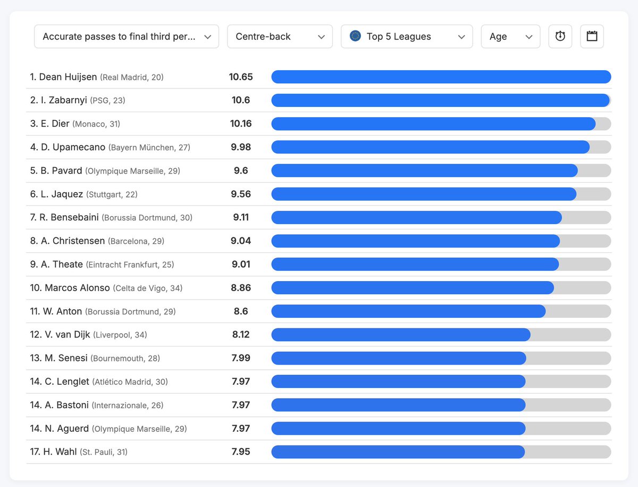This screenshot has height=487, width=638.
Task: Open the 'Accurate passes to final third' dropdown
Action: (x=126, y=37)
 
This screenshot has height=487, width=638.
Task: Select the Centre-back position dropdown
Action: (x=280, y=37)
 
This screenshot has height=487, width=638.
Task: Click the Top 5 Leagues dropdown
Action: (x=406, y=37)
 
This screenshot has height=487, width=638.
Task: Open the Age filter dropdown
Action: (x=510, y=37)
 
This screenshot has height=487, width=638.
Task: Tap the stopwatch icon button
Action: (x=560, y=37)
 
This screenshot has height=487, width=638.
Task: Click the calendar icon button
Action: (x=592, y=37)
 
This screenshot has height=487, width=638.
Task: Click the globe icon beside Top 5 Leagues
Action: (x=355, y=36)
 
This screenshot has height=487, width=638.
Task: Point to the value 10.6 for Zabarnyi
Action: (x=241, y=101)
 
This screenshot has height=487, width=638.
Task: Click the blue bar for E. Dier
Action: (x=433, y=124)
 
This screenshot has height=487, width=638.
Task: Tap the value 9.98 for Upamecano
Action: (x=241, y=147)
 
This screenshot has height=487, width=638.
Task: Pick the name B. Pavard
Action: (x=61, y=171)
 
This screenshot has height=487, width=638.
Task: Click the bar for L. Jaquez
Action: (x=423, y=194)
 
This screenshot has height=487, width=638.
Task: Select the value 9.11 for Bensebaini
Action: (x=241, y=218)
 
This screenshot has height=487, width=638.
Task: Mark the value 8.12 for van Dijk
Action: (x=241, y=335)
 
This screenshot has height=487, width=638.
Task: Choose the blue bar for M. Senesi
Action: (x=398, y=358)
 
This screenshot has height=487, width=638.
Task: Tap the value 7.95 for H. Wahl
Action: (x=241, y=452)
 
